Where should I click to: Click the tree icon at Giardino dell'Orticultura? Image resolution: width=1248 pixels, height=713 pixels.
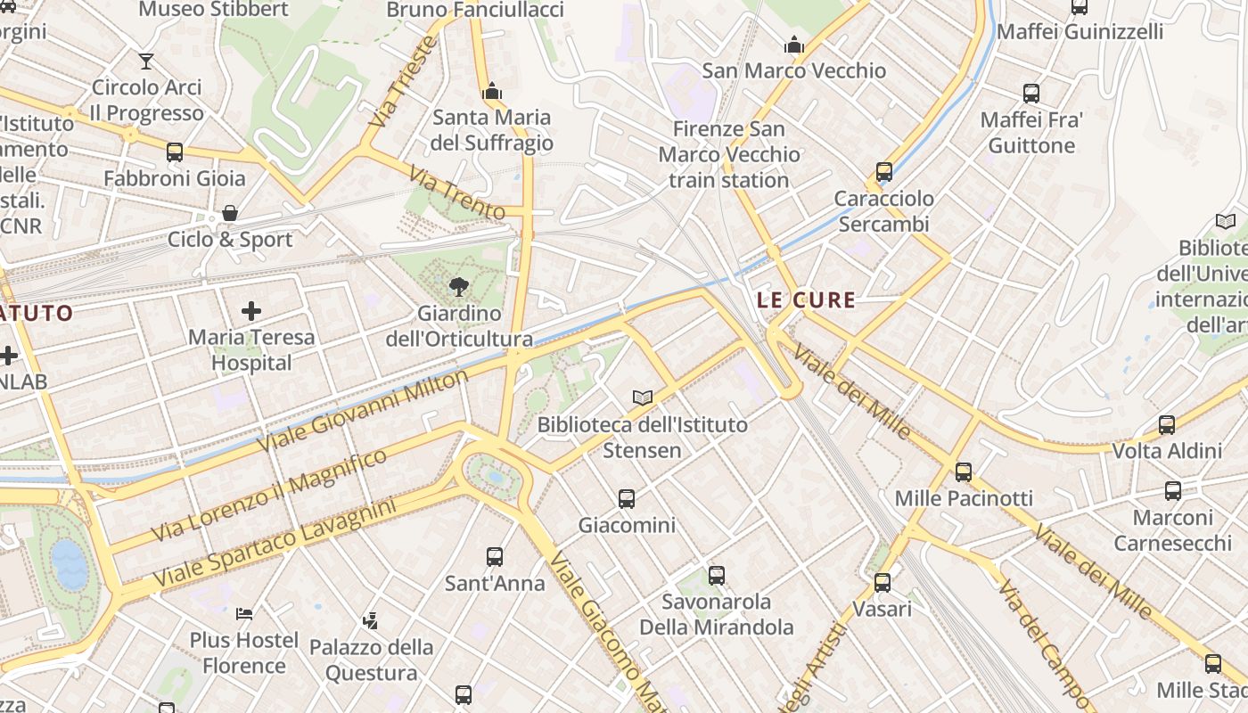[x=459, y=286]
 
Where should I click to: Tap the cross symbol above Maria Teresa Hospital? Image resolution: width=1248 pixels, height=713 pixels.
[x=251, y=311]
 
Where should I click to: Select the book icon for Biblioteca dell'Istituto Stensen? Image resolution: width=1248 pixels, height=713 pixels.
[x=642, y=397]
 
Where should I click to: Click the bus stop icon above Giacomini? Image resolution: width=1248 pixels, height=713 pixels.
[x=627, y=499]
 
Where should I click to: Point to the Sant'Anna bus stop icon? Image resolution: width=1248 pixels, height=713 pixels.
[x=495, y=557]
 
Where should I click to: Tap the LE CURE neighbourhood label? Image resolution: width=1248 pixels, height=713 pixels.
[x=806, y=300]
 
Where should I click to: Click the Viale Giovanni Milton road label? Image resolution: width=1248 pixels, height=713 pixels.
[x=362, y=411]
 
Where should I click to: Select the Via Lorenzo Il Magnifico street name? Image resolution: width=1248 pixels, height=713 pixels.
[x=269, y=496]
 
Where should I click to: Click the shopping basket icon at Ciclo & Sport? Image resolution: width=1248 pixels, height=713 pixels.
[x=230, y=213]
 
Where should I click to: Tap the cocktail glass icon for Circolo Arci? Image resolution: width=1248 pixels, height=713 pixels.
[x=146, y=61]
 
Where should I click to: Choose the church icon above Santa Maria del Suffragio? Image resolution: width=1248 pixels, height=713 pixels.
[x=492, y=91]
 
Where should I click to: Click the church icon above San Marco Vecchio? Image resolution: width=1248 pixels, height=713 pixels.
[x=793, y=45]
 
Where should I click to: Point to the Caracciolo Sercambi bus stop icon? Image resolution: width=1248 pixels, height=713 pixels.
[x=884, y=172]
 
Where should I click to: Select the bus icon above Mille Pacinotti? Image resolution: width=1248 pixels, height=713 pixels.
[x=963, y=472]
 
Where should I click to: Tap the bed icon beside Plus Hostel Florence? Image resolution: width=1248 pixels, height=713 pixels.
[x=244, y=613]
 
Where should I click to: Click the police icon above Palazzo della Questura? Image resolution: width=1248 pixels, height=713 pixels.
[x=371, y=620]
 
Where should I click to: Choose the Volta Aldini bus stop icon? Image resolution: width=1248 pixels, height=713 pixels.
[x=1167, y=425]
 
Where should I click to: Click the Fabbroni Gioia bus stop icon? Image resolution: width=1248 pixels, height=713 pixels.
[x=175, y=152]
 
